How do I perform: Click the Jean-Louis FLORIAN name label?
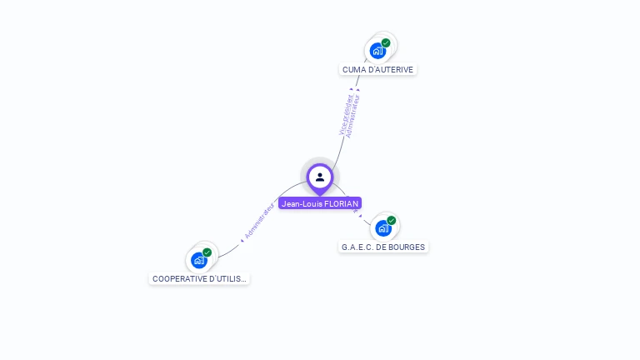click(320, 203)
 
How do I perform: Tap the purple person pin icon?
click(320, 177)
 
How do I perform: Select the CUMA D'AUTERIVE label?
click(377, 70)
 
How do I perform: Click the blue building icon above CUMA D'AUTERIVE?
click(378, 51)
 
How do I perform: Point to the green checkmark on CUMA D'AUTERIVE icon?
click(386, 42)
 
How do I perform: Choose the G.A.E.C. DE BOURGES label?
click(383, 247)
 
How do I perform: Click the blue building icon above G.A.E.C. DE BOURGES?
click(382, 228)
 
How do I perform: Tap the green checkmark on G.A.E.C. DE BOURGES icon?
click(391, 221)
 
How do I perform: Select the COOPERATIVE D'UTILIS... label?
click(199, 278)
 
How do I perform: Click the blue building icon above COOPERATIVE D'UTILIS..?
click(198, 260)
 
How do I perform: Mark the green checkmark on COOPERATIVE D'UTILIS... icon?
click(207, 252)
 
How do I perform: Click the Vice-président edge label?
click(344, 116)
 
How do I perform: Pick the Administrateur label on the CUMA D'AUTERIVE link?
click(353, 116)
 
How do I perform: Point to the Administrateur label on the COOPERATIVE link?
click(259, 220)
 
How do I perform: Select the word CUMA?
click(353, 70)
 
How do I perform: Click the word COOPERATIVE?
click(179, 278)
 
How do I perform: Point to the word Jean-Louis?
click(301, 203)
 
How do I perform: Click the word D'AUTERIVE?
click(390, 70)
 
